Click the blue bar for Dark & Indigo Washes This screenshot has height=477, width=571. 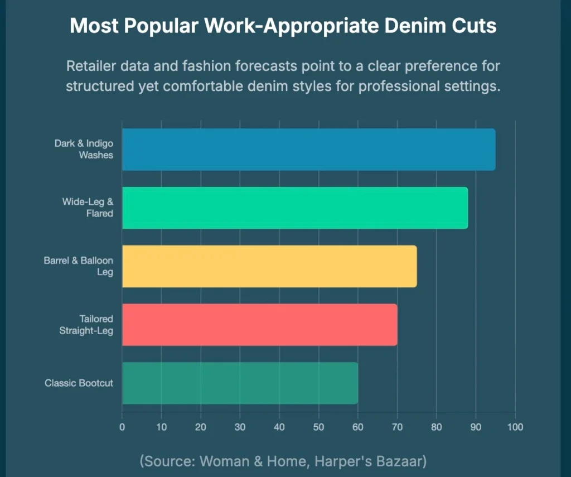tap(308, 150)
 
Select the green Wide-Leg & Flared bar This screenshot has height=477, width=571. tap(294, 208)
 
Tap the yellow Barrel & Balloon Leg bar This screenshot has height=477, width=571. tap(269, 266)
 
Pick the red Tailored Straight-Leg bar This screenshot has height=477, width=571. tap(259, 325)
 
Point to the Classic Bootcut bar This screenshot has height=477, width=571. tap(240, 383)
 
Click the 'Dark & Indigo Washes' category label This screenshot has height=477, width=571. tap(84, 150)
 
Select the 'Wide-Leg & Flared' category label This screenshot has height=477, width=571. tap(88, 208)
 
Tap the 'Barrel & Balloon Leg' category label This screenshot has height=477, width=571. tap(79, 266)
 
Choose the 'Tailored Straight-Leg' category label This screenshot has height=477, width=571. tap(86, 325)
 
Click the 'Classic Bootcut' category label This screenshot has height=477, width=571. tap(79, 383)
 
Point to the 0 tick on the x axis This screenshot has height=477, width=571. tap(122, 427)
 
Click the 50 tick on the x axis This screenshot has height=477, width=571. tap(318, 427)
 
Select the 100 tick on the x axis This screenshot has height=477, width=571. tap(515, 427)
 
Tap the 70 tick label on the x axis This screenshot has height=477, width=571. tap(397, 427)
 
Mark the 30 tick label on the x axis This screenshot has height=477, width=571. tap(240, 427)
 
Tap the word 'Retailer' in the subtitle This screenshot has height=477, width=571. tap(90, 67)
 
